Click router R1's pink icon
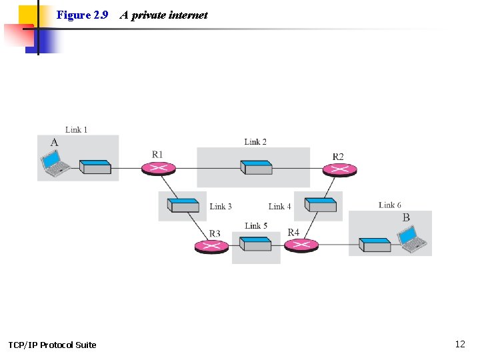(x=159, y=168)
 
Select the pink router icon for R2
(x=339, y=169)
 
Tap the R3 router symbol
(x=211, y=247)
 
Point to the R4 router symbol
(x=301, y=245)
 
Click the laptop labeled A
(x=54, y=164)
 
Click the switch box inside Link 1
(x=95, y=167)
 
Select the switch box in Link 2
(x=257, y=167)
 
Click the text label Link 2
(x=255, y=141)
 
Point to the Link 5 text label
(x=256, y=226)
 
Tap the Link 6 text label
(x=390, y=205)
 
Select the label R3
(x=215, y=233)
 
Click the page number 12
(x=460, y=344)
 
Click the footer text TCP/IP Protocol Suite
(x=52, y=345)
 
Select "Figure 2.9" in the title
(x=83, y=15)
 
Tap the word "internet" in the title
(x=188, y=15)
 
